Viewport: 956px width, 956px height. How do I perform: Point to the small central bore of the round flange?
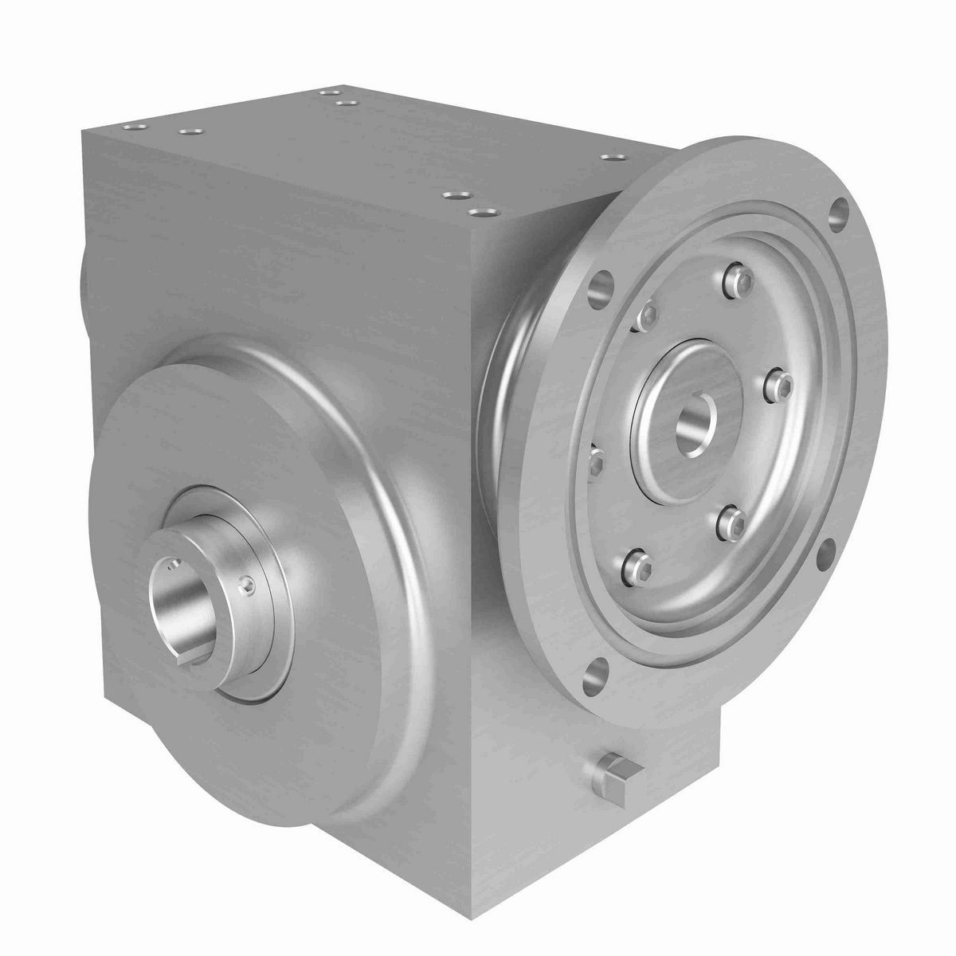click(x=694, y=423)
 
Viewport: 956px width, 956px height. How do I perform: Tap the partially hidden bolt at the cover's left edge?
click(x=594, y=458)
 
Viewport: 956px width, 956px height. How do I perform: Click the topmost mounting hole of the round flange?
click(x=838, y=213)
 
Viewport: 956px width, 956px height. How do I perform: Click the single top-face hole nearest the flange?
click(x=611, y=157)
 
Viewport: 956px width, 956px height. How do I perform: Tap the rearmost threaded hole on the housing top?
click(x=327, y=93)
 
